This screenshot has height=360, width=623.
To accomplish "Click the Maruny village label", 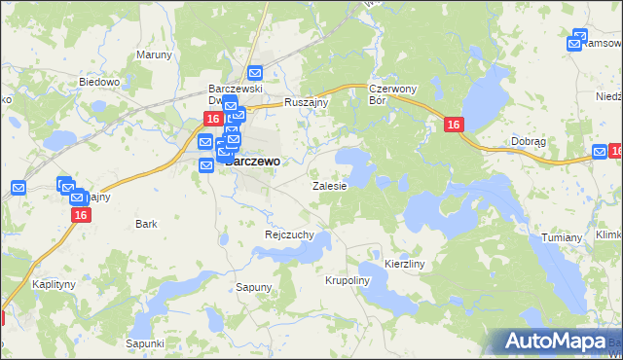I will (153, 54).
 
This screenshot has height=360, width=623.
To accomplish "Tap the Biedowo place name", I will (99, 83).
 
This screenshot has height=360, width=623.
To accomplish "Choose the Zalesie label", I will (329, 185).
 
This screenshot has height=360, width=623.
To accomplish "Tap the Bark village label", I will (146, 224).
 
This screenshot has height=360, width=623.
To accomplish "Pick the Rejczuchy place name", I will (289, 234).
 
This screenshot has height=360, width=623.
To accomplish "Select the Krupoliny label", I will (348, 280).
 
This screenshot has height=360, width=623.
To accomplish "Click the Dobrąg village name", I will (529, 141).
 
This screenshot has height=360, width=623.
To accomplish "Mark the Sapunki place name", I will (144, 343).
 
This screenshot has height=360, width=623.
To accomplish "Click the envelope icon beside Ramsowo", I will (573, 43).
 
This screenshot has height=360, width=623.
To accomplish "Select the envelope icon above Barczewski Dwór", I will (255, 73).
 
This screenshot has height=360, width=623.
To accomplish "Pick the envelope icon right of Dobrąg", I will (600, 152).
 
